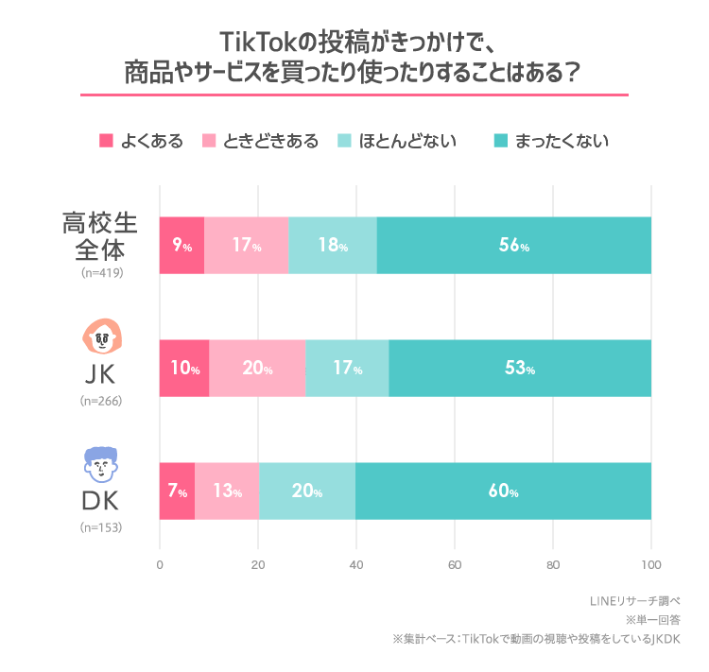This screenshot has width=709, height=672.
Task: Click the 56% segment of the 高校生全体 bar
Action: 514,246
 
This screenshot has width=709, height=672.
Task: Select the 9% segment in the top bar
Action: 182,246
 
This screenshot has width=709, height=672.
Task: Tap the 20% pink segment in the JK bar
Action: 257,369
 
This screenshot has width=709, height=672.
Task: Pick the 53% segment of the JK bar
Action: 519,369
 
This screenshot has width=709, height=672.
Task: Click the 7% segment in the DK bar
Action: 177,491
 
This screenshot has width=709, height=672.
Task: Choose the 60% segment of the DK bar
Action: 503,491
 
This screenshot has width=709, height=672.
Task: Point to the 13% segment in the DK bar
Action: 227,491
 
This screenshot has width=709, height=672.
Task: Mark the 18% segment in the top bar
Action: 333,246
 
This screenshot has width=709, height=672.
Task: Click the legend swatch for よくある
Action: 107,142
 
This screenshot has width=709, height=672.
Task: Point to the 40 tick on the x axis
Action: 356,565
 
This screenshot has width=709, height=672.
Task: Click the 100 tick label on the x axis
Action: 650,565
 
